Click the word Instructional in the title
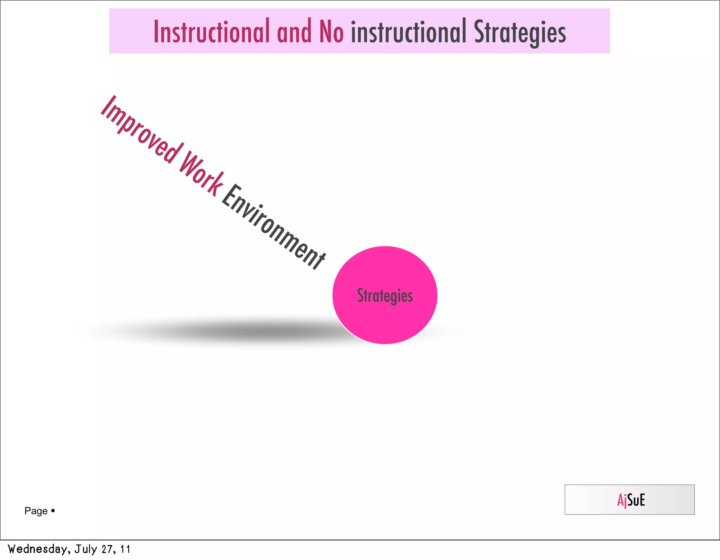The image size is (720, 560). click(x=211, y=32)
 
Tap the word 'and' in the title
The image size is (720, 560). click(x=294, y=32)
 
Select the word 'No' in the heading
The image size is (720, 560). click(x=331, y=32)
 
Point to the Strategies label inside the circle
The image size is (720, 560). click(x=385, y=296)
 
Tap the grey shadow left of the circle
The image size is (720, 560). click(x=246, y=331)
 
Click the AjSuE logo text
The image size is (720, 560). click(x=631, y=500)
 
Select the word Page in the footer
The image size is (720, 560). click(x=36, y=511)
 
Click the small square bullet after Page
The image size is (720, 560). click(x=53, y=510)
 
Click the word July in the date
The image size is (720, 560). click(x=85, y=549)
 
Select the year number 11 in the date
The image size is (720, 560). click(x=125, y=549)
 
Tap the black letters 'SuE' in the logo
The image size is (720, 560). click(x=636, y=500)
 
